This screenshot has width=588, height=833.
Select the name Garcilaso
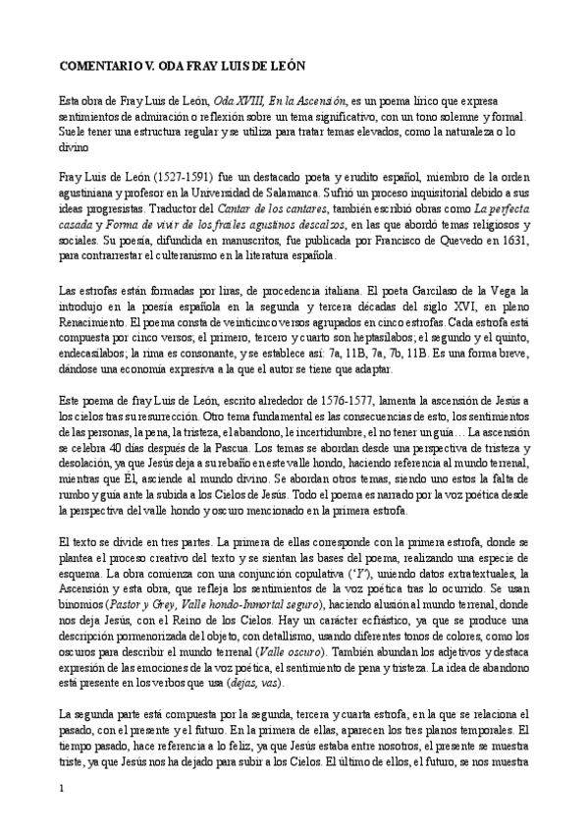click(411, 292)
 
